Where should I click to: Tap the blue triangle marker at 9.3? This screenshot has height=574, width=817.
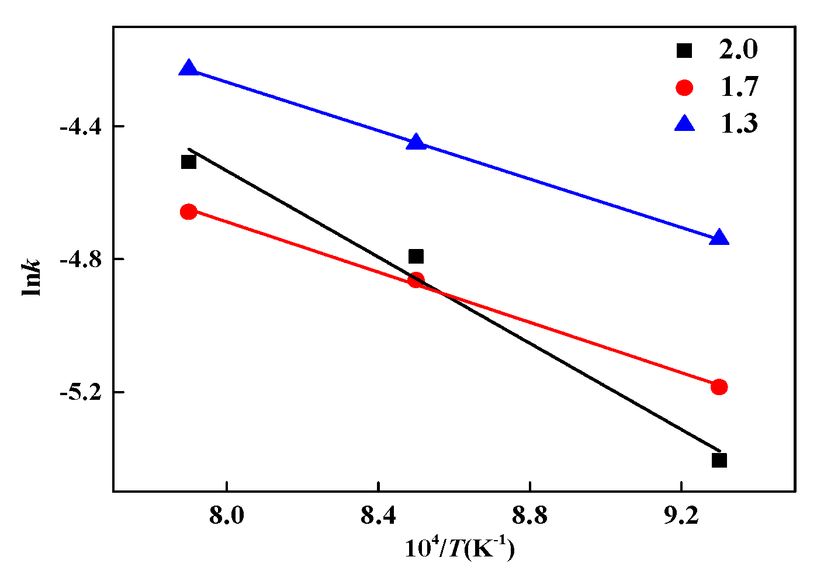click(x=719, y=238)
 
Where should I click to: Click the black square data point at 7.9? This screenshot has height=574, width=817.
click(x=188, y=162)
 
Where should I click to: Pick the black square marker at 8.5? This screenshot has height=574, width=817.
click(x=416, y=256)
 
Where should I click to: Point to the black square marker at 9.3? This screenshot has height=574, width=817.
click(x=719, y=460)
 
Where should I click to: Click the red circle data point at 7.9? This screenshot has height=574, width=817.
click(x=188, y=212)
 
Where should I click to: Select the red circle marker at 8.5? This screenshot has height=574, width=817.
click(x=416, y=279)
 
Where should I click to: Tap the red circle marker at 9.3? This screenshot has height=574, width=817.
click(x=719, y=386)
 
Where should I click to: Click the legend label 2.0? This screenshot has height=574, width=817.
click(x=738, y=50)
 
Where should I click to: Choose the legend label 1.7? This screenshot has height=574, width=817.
click(x=738, y=87)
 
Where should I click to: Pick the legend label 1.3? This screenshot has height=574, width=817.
click(x=738, y=124)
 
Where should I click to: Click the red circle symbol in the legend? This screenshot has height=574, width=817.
click(x=684, y=88)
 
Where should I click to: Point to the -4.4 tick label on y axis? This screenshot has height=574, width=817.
click(x=81, y=126)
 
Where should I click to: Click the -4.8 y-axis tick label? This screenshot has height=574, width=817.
click(x=81, y=259)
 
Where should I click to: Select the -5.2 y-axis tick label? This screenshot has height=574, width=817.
click(x=81, y=392)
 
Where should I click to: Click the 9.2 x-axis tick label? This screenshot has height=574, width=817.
click(x=681, y=516)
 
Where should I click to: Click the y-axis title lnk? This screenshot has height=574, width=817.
click(x=32, y=277)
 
